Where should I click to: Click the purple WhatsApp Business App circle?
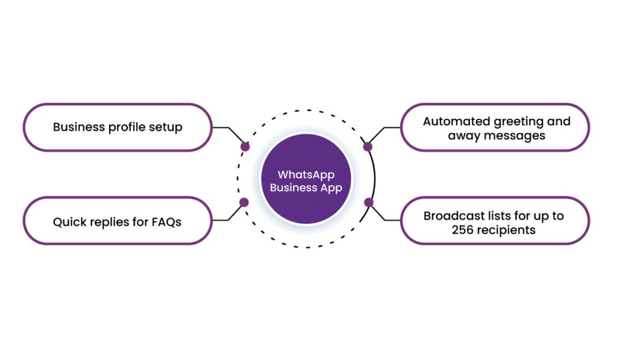tap(306, 181)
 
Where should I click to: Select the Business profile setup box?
tap(117, 127)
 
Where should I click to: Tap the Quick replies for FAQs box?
tap(117, 221)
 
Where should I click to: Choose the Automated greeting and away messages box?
tap(495, 127)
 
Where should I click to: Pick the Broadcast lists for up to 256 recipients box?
tap(495, 221)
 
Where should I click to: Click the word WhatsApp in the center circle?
tap(305, 175)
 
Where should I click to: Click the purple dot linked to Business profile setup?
tap(245, 147)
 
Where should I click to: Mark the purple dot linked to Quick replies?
tap(244, 203)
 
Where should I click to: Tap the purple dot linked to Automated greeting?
tap(368, 147)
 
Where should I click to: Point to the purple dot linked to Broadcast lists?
tap(368, 203)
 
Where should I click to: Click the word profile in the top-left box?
tap(123, 127)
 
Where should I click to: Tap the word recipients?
tap(505, 230)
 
